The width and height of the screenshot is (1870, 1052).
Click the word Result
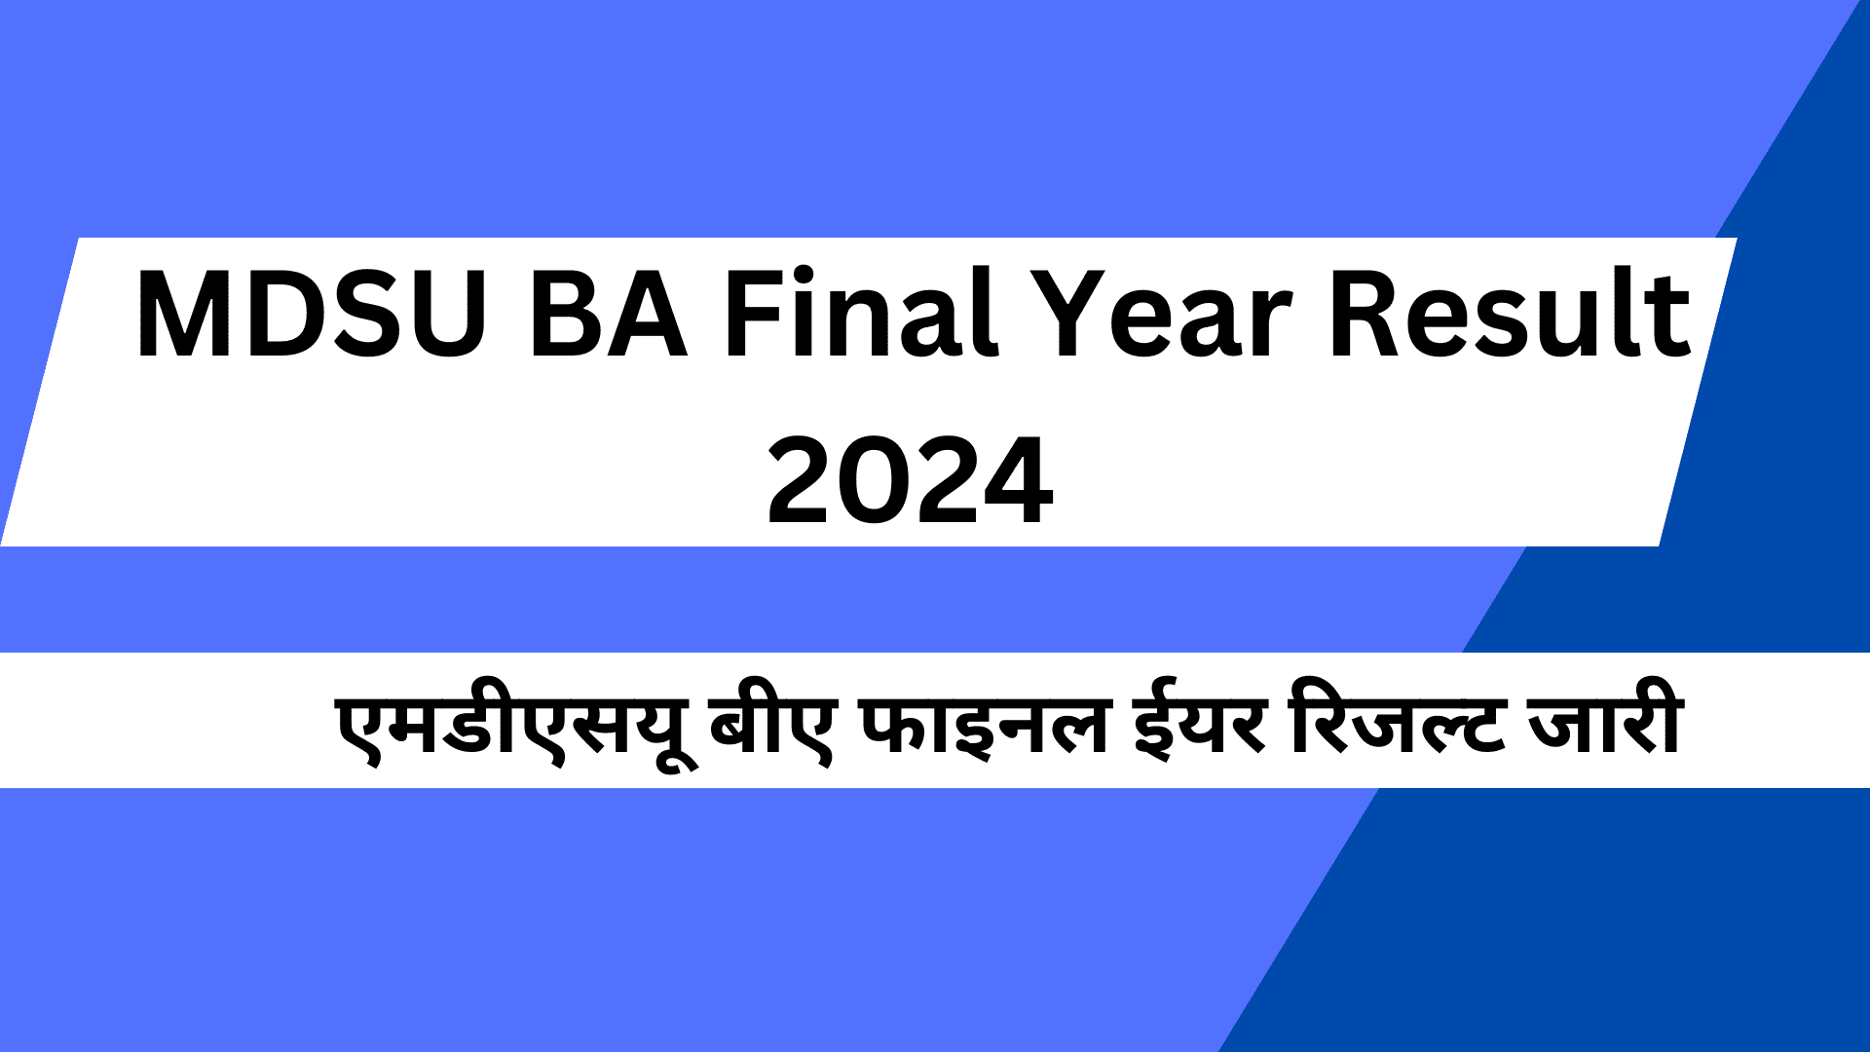1511,314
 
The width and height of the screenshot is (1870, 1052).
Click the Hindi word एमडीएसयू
507,726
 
